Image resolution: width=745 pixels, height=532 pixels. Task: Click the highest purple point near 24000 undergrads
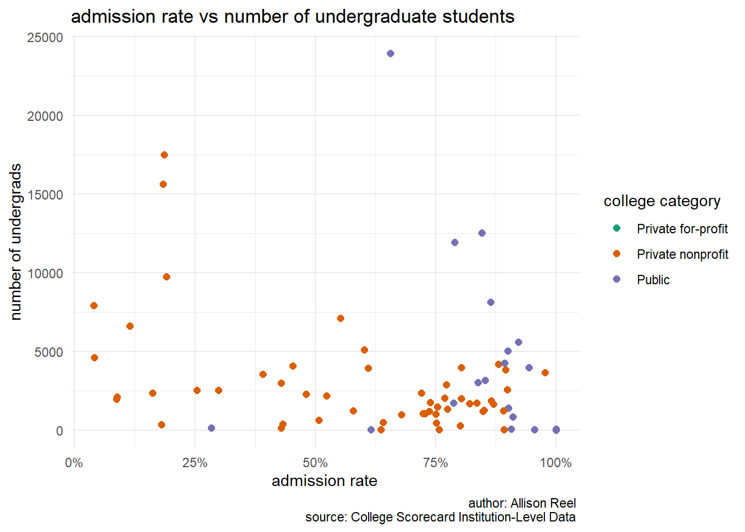pos(390,54)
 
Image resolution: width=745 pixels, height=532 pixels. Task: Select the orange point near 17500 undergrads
pos(164,155)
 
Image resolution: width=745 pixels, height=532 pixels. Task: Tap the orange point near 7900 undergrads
pos(94,306)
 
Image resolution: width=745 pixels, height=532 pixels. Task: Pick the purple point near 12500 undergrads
pos(482,233)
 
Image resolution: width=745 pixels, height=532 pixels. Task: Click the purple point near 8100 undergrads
pos(491,303)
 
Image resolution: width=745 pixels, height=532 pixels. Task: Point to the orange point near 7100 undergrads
pos(340,319)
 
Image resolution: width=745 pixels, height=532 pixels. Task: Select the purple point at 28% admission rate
pos(211,428)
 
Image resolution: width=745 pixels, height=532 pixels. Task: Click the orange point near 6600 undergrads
pos(130,326)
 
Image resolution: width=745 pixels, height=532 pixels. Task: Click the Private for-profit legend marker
pos(616,228)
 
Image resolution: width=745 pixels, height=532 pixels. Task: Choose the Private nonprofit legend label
pos(682,254)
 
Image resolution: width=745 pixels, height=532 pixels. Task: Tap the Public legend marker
pos(616,279)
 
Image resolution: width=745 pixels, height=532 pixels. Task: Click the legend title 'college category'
pos(662,201)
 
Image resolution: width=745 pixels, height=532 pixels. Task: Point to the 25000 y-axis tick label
pos(45,38)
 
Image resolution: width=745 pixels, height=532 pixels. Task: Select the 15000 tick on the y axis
pos(45,195)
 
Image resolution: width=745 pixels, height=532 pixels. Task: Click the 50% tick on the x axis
pos(315,463)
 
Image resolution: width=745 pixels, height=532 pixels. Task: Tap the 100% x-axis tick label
pos(555,463)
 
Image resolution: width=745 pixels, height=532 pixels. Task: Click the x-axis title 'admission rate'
pos(324,481)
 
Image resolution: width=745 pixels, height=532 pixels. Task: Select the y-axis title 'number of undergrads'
pos(16,242)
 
